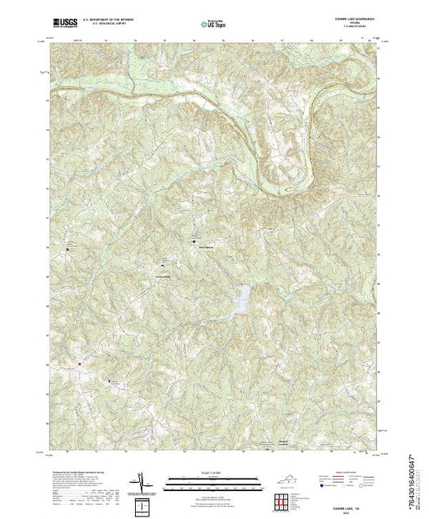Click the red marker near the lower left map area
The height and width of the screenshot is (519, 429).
pos(79,363)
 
